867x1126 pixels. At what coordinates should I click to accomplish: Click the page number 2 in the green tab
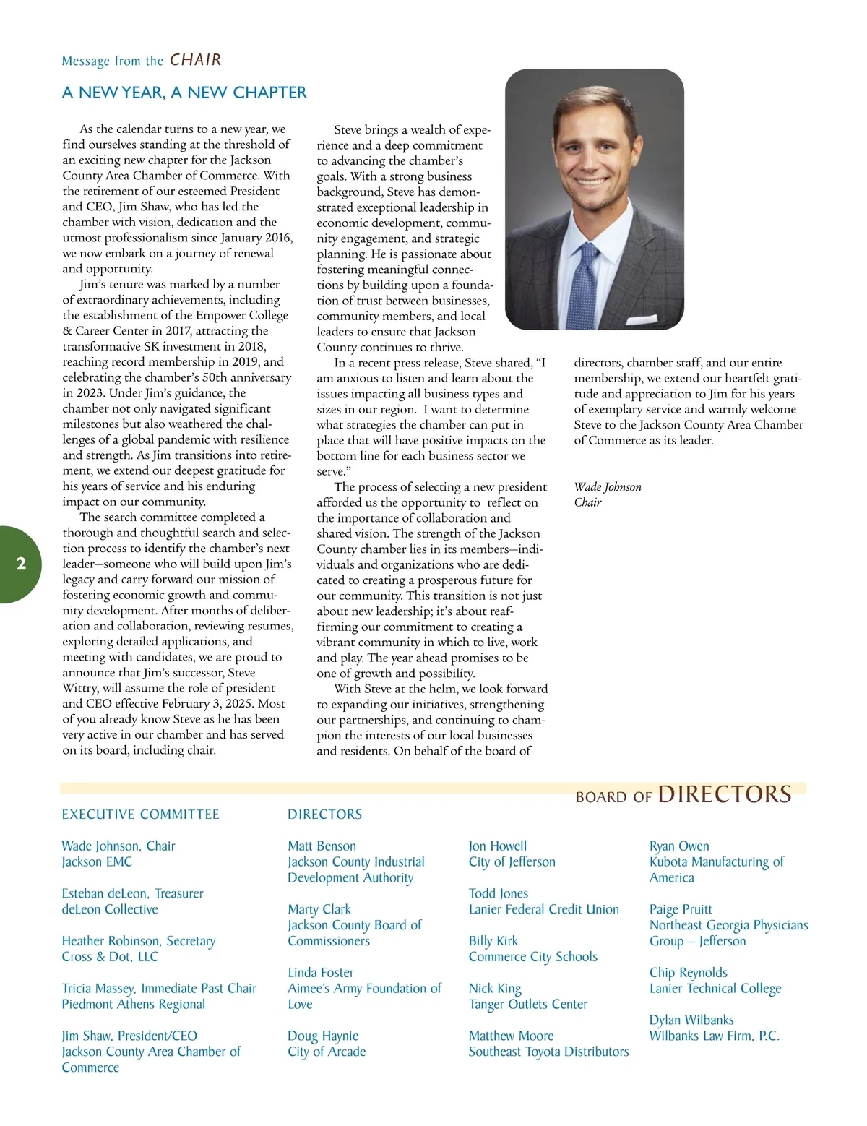tap(21, 564)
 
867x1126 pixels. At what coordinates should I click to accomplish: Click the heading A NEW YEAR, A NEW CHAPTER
tap(184, 93)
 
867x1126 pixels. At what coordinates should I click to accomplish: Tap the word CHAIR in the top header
tap(195, 60)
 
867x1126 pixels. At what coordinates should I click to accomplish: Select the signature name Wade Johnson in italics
tap(608, 487)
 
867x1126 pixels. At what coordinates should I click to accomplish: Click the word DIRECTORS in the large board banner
tap(725, 794)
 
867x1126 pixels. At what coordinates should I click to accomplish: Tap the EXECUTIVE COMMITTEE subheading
tap(140, 815)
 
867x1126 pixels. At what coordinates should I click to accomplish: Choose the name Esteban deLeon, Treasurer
tap(132, 893)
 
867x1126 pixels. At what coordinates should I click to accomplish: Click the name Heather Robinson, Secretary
tap(138, 941)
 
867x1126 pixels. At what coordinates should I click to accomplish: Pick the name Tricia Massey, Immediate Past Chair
tap(159, 988)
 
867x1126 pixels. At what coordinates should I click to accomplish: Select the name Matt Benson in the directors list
tap(322, 846)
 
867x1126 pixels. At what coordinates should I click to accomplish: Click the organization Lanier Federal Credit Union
tap(543, 909)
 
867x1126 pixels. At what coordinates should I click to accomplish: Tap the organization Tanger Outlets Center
tap(527, 1004)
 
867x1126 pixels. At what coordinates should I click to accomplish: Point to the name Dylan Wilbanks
tap(691, 1020)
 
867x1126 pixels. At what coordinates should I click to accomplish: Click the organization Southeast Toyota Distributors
tap(548, 1052)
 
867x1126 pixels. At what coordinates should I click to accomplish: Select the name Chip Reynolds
tap(688, 973)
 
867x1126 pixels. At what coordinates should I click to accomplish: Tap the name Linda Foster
tap(321, 973)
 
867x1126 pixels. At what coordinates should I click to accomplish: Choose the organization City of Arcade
tap(327, 1052)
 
